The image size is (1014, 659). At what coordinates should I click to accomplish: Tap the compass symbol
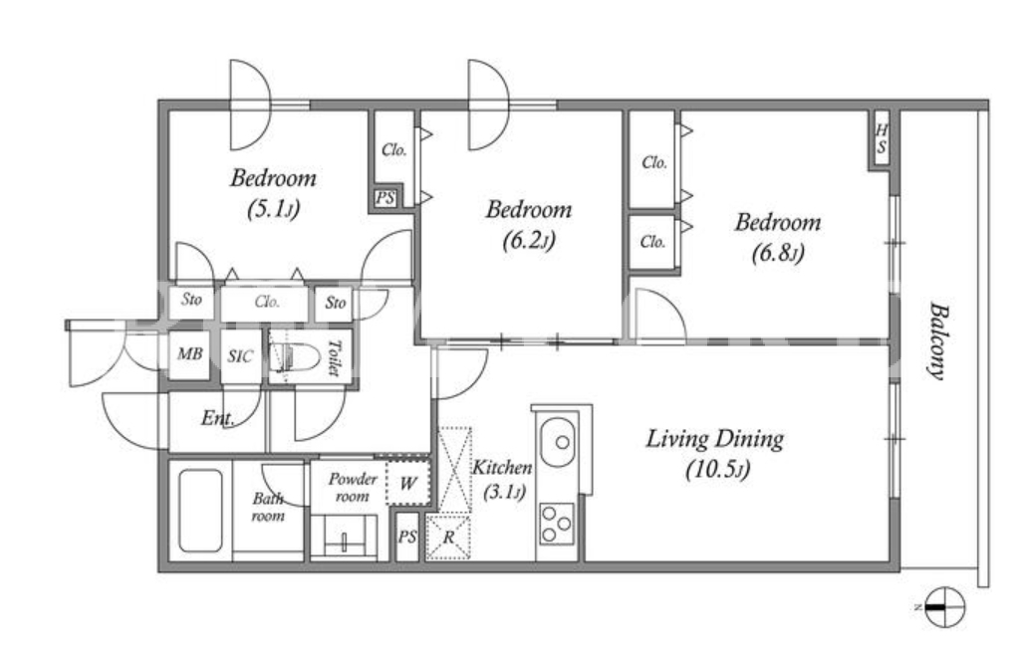click(944, 607)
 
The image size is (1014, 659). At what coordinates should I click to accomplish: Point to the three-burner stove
click(557, 523)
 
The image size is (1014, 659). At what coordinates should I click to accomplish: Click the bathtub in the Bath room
click(200, 511)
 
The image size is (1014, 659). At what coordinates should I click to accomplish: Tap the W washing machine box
click(408, 483)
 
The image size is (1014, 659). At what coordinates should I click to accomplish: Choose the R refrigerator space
click(447, 537)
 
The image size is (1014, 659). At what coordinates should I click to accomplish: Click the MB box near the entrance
click(189, 354)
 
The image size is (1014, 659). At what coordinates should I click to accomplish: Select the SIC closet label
click(240, 356)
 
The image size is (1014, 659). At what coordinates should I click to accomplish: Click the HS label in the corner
click(882, 139)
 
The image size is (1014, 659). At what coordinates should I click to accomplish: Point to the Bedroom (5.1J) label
click(274, 192)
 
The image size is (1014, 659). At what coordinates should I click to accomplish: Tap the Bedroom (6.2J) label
click(529, 225)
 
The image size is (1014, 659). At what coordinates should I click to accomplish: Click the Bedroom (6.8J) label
click(778, 237)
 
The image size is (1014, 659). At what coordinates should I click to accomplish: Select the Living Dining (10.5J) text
click(716, 454)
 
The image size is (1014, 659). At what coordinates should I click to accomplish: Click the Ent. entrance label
click(217, 419)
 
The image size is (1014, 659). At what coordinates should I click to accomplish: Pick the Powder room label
click(353, 488)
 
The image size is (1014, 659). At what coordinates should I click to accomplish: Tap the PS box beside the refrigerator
click(407, 537)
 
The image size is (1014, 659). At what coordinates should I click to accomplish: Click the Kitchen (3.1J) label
click(502, 480)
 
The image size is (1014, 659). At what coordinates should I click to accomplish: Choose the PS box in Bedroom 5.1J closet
click(385, 198)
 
